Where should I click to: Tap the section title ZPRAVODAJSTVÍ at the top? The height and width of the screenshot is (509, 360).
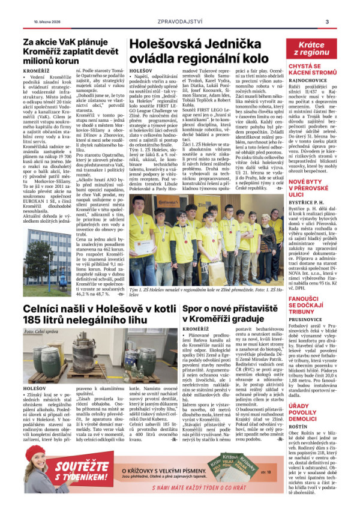(179, 22)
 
